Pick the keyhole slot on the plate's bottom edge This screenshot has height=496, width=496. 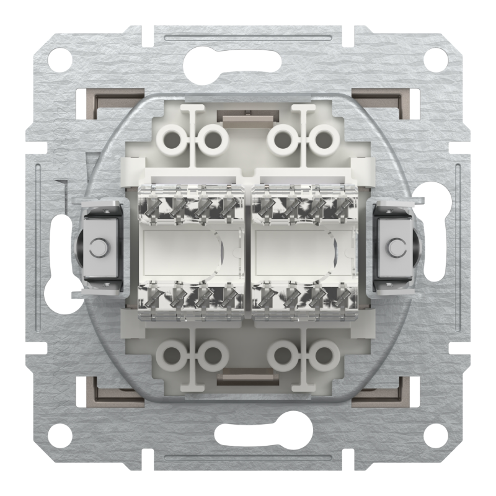[248, 434]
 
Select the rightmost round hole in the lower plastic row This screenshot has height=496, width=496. [323, 355]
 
